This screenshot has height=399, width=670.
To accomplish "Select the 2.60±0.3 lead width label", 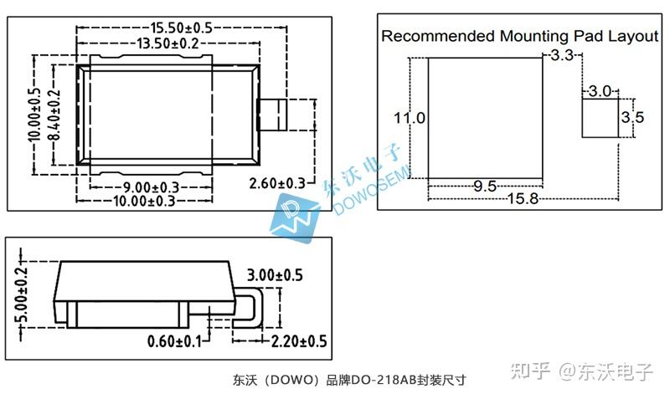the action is (x=277, y=183).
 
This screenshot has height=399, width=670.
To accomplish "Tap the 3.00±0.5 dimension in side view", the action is (x=274, y=275).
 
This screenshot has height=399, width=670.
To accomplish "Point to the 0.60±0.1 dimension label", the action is (x=175, y=341).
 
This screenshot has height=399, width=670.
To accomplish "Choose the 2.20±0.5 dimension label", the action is (x=299, y=341).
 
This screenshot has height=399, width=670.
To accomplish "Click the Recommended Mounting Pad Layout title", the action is (x=520, y=36).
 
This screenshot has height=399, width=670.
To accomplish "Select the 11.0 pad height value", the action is (x=410, y=118).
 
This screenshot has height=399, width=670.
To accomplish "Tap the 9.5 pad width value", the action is (x=485, y=186).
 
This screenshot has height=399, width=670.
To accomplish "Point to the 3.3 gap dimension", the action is (x=562, y=56).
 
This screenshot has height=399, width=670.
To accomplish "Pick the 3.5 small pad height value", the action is (x=632, y=117).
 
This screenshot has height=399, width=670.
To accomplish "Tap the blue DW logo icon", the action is (x=294, y=217).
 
